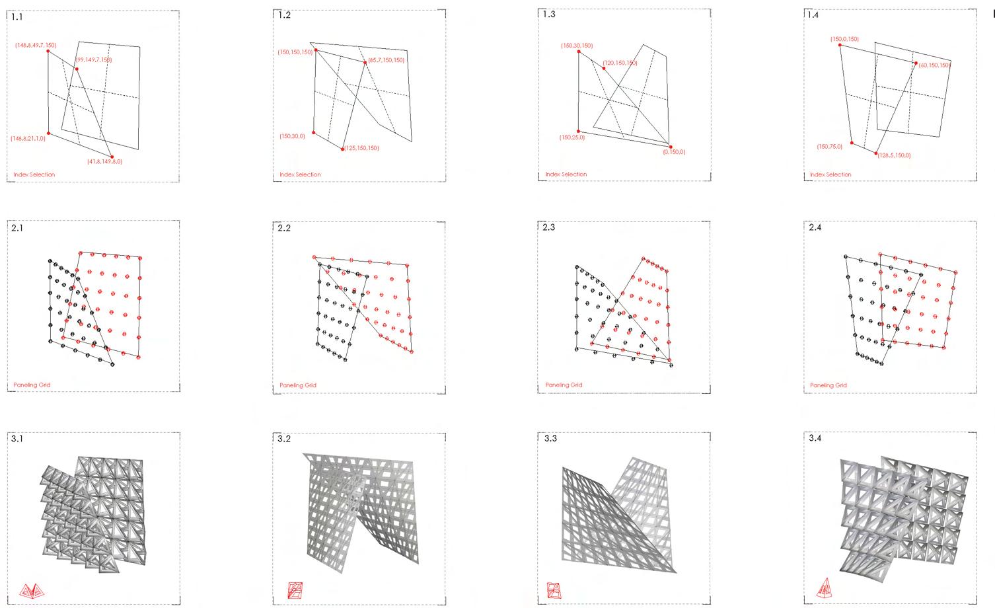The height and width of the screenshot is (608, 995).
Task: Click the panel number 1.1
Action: [x=17, y=17]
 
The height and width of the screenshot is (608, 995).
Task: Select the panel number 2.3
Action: [x=548, y=227]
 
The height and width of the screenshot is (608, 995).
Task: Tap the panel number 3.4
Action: [x=815, y=438]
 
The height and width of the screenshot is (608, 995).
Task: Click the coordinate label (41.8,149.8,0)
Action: [x=104, y=162]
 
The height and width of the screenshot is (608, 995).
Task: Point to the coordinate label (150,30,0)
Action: [x=292, y=136]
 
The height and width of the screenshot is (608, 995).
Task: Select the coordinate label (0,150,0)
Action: [x=674, y=152]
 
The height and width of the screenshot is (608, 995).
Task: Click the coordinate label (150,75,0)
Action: [x=829, y=147]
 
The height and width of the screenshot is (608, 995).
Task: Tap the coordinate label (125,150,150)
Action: [x=362, y=148]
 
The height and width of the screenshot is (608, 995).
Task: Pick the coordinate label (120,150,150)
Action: [x=620, y=63]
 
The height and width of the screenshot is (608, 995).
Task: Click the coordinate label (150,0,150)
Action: [x=844, y=39]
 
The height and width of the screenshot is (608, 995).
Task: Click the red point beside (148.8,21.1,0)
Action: [x=49, y=133]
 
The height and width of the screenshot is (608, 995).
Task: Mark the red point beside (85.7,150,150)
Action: [x=365, y=63]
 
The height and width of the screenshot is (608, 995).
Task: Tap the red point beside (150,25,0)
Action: [x=578, y=132]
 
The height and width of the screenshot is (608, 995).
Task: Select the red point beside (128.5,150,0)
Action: [x=877, y=154]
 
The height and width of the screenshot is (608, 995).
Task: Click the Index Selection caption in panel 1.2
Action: [x=300, y=174]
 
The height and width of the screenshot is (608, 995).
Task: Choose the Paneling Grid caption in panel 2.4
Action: [x=828, y=385]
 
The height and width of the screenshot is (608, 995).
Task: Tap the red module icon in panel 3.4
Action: [x=825, y=588]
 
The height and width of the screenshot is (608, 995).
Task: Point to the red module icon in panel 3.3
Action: [x=554, y=589]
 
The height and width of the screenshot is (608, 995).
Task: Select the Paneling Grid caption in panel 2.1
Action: [x=32, y=385]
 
